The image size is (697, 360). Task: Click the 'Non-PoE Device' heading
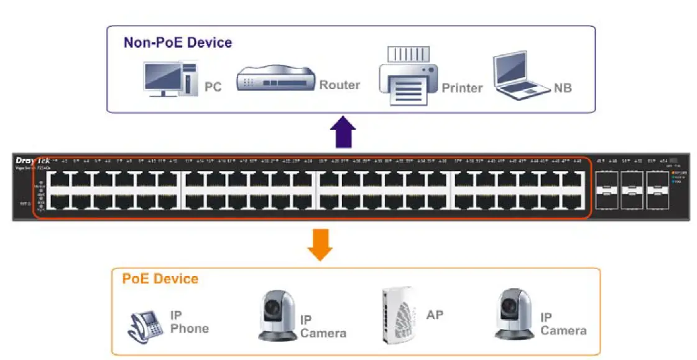tap(177, 43)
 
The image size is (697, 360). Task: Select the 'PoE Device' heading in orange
tap(160, 279)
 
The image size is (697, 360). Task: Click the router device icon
tap(276, 79)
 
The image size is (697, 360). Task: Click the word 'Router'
tap(339, 85)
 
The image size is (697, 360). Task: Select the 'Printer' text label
tap(462, 88)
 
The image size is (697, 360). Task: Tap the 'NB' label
tap(562, 88)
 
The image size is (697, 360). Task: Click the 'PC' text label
tap(213, 88)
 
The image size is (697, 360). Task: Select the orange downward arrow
tap(320, 244)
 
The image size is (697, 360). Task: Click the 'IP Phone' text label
tap(189, 322)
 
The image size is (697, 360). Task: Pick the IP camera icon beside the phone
tap(277, 315)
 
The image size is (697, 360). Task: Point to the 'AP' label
tap(435, 315)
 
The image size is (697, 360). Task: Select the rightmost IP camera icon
tap(514, 314)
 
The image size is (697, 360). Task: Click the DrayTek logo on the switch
tap(32, 161)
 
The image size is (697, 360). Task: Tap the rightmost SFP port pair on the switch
tap(657, 190)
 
